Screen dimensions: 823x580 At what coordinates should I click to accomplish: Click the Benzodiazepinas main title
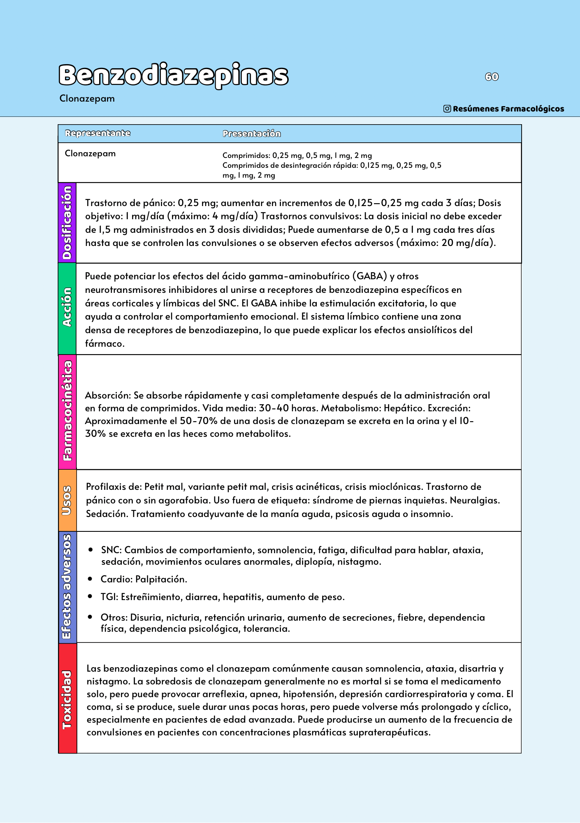(173, 75)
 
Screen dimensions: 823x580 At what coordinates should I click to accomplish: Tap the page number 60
(492, 77)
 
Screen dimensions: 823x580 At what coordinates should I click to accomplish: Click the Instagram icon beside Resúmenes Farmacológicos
(447, 109)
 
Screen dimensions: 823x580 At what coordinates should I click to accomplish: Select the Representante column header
(97, 133)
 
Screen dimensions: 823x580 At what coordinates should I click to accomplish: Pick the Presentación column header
(251, 134)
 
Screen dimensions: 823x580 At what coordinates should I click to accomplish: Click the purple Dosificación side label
(67, 223)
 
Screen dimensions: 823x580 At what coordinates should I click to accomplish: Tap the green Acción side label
(67, 308)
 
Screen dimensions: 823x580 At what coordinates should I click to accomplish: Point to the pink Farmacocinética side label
(67, 411)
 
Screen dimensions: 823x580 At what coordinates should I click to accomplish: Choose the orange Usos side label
(67, 500)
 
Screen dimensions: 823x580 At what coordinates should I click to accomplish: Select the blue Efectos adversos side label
(67, 586)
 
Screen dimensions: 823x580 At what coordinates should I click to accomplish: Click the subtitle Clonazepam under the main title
(87, 99)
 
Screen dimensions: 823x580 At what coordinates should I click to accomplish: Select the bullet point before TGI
(90, 596)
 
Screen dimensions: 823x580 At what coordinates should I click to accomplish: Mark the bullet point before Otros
(90, 617)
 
